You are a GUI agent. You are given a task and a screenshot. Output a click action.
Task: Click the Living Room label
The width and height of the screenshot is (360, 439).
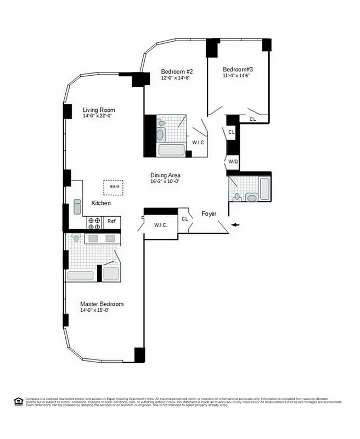(x=99, y=110)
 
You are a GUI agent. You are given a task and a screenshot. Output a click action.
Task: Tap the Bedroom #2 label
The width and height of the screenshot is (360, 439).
(x=177, y=71)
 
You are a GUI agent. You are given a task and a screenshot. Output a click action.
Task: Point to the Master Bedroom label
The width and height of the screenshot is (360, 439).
(x=102, y=304)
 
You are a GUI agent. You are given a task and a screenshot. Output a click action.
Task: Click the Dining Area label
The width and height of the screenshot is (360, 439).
(x=166, y=176)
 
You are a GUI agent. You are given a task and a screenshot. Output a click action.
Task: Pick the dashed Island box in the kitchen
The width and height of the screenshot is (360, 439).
(x=114, y=187)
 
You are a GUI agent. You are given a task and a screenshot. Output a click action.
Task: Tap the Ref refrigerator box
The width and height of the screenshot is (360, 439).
(x=111, y=222)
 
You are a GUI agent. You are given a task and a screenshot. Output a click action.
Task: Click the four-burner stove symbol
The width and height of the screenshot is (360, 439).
(x=94, y=222)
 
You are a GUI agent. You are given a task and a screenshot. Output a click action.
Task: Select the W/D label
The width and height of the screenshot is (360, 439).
(x=233, y=162)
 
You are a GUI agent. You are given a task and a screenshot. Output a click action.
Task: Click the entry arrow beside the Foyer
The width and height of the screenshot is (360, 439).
(x=235, y=224)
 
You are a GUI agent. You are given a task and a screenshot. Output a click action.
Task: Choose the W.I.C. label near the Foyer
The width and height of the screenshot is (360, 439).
(x=161, y=225)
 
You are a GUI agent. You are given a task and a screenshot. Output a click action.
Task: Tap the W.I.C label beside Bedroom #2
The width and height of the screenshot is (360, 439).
(x=198, y=143)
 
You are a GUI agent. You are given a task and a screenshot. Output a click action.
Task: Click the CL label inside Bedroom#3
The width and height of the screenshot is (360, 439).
(x=252, y=119)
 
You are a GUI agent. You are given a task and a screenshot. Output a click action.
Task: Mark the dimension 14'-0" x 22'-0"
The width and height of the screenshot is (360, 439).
(x=99, y=116)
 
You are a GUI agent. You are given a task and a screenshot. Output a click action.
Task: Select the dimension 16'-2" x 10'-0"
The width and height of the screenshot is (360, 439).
(x=166, y=182)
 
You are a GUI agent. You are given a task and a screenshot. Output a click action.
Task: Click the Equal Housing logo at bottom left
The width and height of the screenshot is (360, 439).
(x=18, y=401)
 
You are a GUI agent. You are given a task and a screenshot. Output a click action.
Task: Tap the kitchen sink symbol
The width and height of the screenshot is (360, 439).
(x=77, y=206)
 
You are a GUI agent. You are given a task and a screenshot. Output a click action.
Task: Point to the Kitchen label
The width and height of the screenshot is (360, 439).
(x=101, y=203)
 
